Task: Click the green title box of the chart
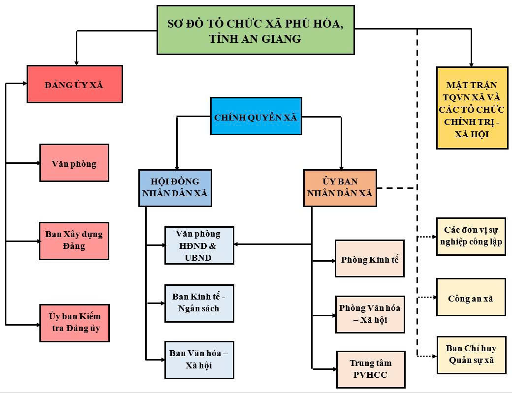coord(256,30)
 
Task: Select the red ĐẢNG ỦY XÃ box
coord(74,84)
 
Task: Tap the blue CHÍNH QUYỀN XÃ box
coord(256,116)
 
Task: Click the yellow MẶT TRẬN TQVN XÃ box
coord(472,108)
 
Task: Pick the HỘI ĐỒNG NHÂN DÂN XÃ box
coord(175,188)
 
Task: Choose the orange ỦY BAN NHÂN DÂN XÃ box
coord(340,188)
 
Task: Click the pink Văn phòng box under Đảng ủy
coord(74,163)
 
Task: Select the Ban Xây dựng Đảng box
coord(74,241)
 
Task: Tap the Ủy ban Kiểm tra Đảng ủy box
coord(74,323)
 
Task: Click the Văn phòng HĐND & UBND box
coord(199,245)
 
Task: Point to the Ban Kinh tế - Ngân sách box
coord(199,303)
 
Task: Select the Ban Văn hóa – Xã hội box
coord(199,360)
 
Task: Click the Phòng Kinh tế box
coord(369,259)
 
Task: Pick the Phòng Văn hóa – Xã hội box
coord(369,314)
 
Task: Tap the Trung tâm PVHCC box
coord(370,369)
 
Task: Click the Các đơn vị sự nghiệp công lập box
coord(471,236)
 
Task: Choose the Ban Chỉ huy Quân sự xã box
coord(471,355)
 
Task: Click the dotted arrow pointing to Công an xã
coord(427,297)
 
